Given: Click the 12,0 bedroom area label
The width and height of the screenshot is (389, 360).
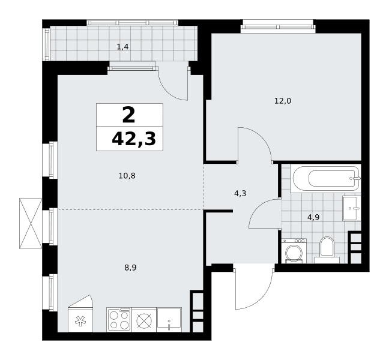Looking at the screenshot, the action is [x=283, y=101].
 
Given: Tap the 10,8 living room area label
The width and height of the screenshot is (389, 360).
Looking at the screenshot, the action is [x=127, y=176].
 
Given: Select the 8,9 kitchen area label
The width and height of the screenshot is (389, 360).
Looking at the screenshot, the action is [x=130, y=268].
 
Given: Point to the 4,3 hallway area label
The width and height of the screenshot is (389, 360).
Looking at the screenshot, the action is [x=240, y=193].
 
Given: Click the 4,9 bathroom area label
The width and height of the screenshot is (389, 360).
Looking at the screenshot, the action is [x=313, y=217].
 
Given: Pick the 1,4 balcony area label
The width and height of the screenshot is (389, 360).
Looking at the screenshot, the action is [x=122, y=47].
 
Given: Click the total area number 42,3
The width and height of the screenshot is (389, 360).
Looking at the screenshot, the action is [x=134, y=139].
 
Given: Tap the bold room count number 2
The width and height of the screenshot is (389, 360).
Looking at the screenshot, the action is [x=128, y=115].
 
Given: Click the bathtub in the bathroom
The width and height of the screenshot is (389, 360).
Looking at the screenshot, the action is [x=325, y=178].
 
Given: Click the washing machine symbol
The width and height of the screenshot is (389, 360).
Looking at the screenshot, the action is [x=294, y=251].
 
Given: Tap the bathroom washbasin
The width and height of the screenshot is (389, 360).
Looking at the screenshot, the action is [x=352, y=208].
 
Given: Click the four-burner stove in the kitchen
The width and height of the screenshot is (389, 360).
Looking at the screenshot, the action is [x=119, y=319].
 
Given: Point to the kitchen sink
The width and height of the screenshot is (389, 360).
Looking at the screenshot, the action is [x=169, y=319].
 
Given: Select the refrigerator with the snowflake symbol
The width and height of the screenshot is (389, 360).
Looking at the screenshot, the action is [x=80, y=313].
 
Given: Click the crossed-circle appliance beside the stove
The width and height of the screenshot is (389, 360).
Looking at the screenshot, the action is [x=145, y=319].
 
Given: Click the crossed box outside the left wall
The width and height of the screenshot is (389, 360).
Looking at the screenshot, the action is [x=31, y=223].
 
